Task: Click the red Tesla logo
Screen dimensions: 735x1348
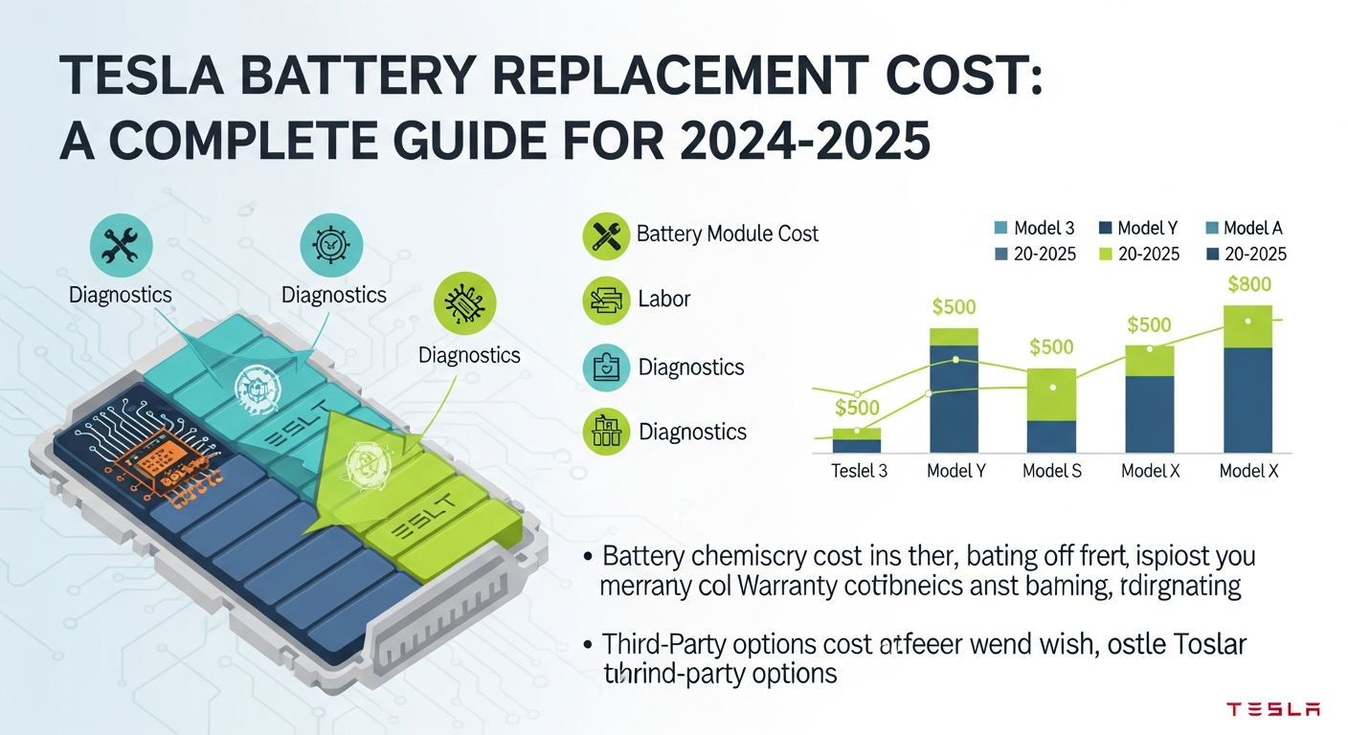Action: click(1273, 709)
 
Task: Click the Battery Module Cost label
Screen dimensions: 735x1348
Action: click(727, 234)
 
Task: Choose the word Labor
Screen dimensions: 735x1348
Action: click(663, 299)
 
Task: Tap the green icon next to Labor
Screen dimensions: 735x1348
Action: click(606, 301)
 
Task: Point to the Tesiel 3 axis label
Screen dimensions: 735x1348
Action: click(858, 471)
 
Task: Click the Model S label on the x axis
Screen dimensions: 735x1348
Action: click(1051, 471)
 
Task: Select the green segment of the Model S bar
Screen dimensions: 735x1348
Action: click(1051, 394)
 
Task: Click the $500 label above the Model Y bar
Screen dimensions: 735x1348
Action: click(954, 307)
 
